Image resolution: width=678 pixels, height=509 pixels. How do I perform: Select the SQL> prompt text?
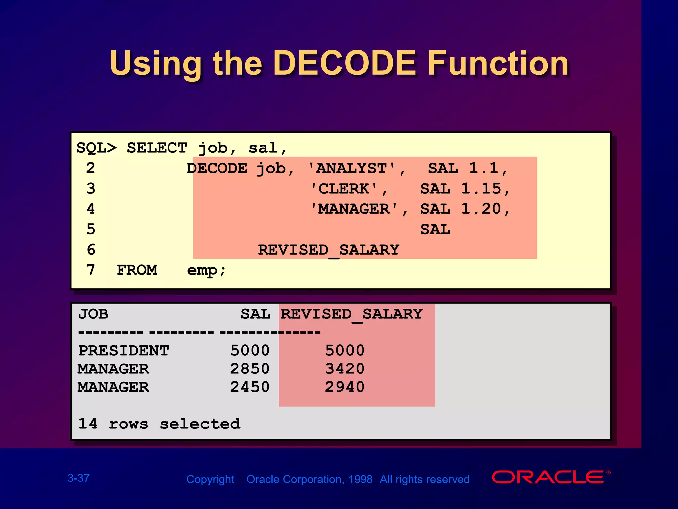point(96,148)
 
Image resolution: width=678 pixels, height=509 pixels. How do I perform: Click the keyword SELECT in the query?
point(157,148)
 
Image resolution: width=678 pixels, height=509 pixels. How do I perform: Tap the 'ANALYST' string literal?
point(352,168)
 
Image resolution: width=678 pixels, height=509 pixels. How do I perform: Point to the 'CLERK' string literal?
point(344,189)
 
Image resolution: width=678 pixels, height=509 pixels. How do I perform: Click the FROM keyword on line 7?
point(137,270)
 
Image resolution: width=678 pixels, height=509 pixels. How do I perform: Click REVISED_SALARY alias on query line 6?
point(328,250)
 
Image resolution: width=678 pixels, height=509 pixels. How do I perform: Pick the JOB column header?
point(93,314)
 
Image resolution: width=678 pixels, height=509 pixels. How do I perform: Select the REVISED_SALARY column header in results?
point(352,314)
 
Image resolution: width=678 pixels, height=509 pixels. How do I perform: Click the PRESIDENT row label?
point(123,351)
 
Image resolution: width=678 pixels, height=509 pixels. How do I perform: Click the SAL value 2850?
point(250,369)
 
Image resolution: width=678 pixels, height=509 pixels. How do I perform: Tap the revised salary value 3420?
point(345,369)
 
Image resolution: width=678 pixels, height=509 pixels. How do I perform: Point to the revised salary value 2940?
point(345,387)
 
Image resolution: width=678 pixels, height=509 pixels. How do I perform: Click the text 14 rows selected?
point(159,424)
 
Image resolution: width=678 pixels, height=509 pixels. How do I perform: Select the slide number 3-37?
point(78,478)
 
